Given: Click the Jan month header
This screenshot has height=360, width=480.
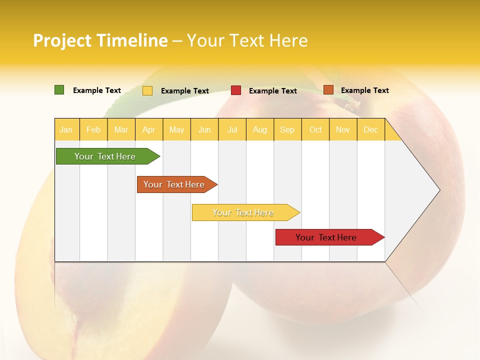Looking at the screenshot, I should [x=66, y=130].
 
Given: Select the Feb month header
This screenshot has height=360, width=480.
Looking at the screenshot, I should [x=93, y=130].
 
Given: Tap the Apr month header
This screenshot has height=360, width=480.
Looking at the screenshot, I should [x=148, y=130].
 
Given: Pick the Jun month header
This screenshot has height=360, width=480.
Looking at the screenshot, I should [x=204, y=130].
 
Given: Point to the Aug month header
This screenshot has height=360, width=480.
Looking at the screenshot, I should [x=259, y=130].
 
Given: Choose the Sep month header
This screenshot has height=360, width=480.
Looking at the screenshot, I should [x=287, y=130].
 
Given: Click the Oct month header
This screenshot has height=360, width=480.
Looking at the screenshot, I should [x=315, y=130].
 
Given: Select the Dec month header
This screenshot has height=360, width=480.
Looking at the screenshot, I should [x=370, y=130].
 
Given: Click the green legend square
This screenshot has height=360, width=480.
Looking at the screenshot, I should [x=59, y=90].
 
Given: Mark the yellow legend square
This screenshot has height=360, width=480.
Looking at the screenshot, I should [x=147, y=90].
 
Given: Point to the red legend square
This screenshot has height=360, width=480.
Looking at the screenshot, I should [x=236, y=90].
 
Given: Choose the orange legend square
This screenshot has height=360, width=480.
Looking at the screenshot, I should [x=328, y=90].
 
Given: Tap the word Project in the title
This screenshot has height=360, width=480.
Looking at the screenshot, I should [x=63, y=40].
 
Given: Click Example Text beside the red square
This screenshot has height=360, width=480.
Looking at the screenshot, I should [x=273, y=91].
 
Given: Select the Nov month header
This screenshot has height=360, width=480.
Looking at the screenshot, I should [x=343, y=130].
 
